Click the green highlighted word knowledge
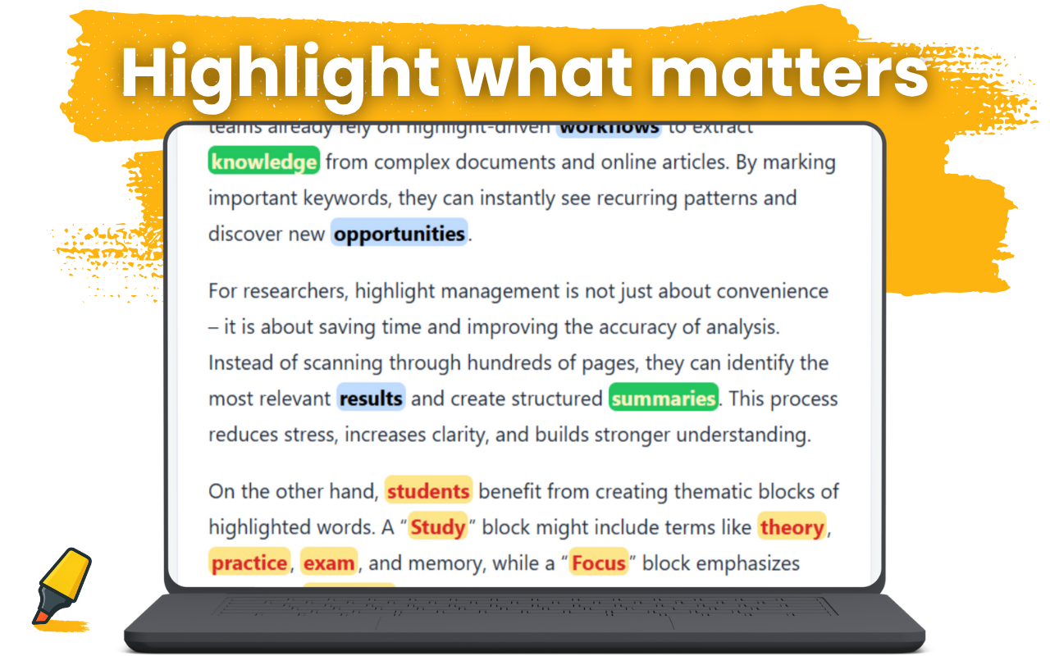(263, 162)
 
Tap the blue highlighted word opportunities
(399, 234)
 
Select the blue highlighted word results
(371, 399)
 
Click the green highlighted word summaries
(664, 399)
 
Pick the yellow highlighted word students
(428, 492)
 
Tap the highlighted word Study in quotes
(438, 527)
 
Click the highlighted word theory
(792, 527)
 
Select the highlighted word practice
(249, 563)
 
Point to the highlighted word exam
(329, 563)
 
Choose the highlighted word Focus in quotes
(599, 563)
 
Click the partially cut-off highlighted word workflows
(609, 128)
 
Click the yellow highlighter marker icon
(62, 586)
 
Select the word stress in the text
(308, 435)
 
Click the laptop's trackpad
(525, 622)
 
